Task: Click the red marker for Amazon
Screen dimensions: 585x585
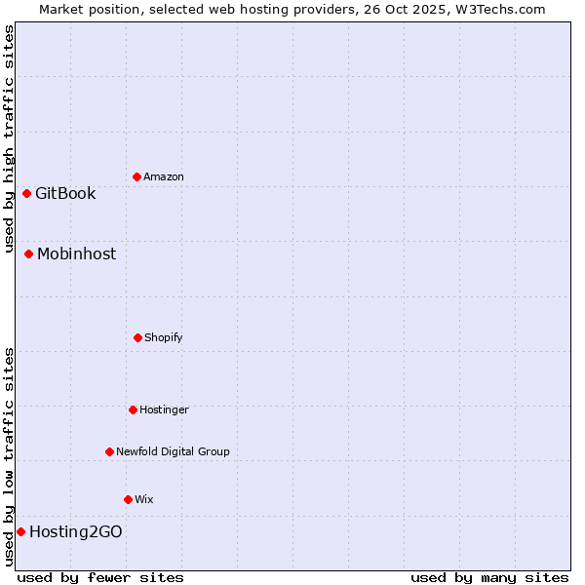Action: coord(136,176)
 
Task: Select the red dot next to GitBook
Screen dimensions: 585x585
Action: coord(27,193)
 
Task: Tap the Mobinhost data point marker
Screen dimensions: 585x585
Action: coord(29,253)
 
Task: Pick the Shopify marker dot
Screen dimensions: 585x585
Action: coord(137,337)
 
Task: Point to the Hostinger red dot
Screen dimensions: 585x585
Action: coord(133,409)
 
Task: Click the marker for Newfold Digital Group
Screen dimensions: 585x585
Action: coord(109,451)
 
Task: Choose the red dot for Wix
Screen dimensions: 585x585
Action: coord(128,499)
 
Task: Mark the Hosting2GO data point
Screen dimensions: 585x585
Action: coord(20,531)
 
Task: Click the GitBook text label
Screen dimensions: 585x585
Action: coord(65,193)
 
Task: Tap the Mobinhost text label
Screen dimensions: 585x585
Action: coord(76,253)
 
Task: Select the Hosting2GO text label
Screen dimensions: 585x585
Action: coord(75,531)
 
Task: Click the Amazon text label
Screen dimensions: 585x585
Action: coord(164,176)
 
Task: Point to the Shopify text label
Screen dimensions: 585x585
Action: coord(164,337)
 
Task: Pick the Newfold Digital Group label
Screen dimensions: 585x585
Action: coord(173,451)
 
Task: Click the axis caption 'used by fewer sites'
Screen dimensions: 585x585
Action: coord(100,577)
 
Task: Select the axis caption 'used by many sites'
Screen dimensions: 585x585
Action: coord(489,577)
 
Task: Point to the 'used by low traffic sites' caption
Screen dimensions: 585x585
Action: coord(9,456)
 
